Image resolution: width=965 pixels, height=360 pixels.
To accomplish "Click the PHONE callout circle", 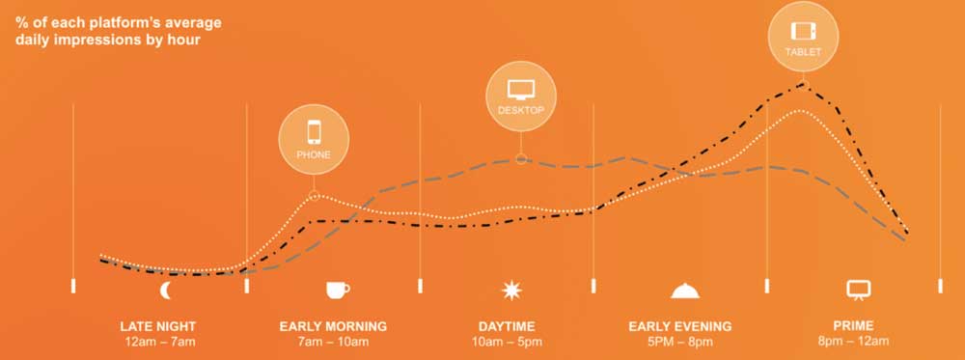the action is click(314, 139).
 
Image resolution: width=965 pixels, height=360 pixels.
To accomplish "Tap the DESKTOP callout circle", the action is click(521, 96).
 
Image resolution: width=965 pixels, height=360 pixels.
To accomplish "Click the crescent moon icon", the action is click(166, 290).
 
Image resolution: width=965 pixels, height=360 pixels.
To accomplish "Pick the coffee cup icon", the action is click(337, 290).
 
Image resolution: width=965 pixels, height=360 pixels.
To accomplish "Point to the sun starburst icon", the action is click(511, 290).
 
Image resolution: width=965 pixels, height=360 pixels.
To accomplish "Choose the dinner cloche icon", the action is click(685, 290).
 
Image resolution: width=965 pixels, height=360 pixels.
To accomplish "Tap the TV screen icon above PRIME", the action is click(859, 290).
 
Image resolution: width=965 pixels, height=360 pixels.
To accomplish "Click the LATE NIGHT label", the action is click(157, 326).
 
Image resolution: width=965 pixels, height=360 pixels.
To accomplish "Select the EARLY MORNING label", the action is click(333, 326).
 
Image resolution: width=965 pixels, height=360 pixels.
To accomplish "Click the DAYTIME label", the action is click(507, 326).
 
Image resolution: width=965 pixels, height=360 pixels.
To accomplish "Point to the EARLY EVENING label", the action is click(680, 326).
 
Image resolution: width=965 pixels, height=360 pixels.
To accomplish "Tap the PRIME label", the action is click(853, 325).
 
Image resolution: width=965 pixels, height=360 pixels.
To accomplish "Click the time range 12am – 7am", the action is click(159, 342).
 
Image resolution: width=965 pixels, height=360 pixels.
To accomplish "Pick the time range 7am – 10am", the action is click(333, 342).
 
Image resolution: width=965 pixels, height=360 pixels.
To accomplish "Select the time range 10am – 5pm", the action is click(508, 342).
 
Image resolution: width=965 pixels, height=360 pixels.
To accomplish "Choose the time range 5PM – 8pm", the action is click(680, 342).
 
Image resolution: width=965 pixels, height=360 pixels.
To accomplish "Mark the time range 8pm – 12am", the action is click(853, 342).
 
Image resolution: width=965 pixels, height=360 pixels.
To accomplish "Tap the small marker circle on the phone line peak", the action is click(314, 196).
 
